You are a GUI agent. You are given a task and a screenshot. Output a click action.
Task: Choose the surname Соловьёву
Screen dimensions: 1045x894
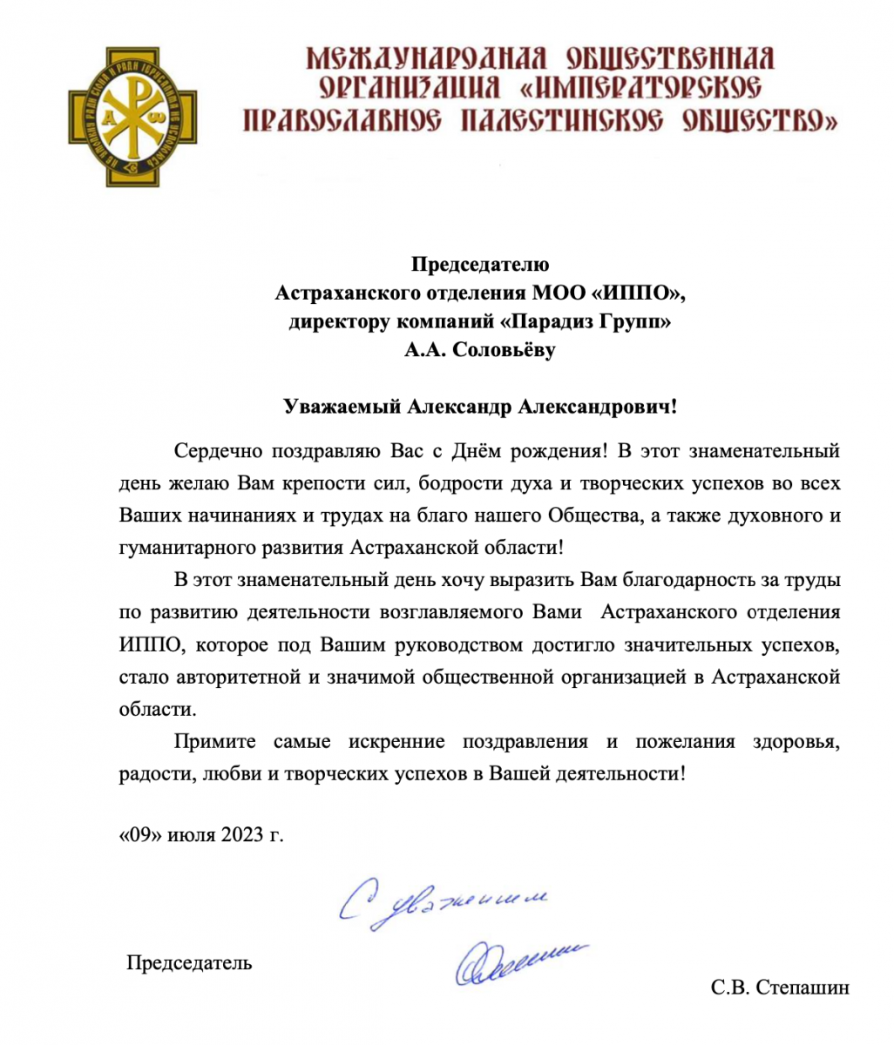(x=501, y=351)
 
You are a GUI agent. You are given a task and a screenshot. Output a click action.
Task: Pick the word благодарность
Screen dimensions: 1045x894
(x=666, y=579)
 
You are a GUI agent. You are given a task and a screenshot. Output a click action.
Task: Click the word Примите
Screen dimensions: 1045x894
(x=215, y=741)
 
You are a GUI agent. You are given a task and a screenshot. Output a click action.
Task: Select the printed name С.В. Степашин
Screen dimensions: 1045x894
(x=780, y=988)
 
